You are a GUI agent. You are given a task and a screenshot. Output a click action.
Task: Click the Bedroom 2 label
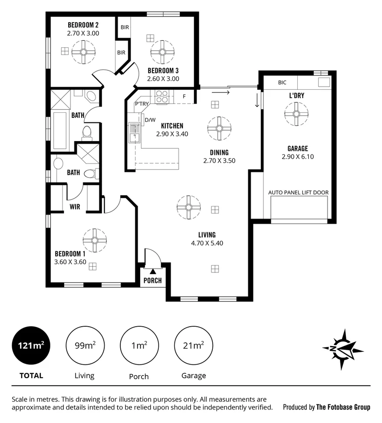(83, 25)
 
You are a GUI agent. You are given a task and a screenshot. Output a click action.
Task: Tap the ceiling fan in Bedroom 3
(162, 52)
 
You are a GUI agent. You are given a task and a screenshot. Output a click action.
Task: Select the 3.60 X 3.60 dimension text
(70, 262)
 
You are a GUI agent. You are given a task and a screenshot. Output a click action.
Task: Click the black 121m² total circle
(31, 346)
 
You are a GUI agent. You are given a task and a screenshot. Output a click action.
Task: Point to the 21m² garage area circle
(194, 346)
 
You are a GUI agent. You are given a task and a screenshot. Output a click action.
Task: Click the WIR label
(75, 207)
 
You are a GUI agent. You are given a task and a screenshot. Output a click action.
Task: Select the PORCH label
(152, 281)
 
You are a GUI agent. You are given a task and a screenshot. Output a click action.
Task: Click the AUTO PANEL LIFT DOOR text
(298, 192)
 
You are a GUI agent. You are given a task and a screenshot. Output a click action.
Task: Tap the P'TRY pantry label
(142, 105)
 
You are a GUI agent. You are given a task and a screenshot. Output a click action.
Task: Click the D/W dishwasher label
(150, 120)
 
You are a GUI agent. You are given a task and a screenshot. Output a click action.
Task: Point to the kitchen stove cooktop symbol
(162, 97)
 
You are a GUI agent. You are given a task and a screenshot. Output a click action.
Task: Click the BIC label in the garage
(282, 82)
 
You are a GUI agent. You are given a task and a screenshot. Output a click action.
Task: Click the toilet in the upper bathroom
(87, 131)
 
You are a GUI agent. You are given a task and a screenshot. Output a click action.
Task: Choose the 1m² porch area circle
(138, 346)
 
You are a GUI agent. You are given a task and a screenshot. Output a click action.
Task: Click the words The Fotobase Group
(343, 407)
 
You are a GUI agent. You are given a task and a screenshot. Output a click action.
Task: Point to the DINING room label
(219, 152)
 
